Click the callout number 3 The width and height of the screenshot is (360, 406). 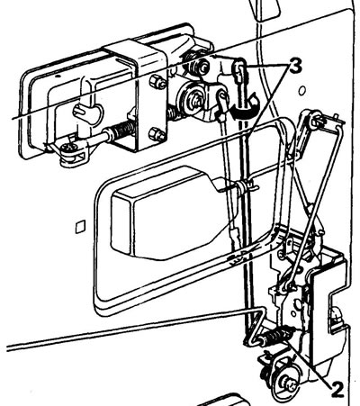pyautogui.click(x=294, y=67)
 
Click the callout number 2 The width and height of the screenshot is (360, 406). pyautogui.click(x=337, y=390)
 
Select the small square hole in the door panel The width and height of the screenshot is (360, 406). pyautogui.click(x=80, y=226)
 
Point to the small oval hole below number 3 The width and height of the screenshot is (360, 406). pyautogui.click(x=302, y=90)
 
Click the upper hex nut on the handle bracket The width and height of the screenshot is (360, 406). pyautogui.click(x=157, y=82)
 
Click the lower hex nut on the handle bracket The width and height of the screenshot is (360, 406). pyautogui.click(x=157, y=133)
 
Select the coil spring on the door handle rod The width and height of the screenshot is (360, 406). pyautogui.click(x=120, y=132)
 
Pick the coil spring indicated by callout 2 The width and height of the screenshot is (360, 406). pyautogui.click(x=276, y=336)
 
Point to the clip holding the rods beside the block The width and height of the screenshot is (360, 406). pyautogui.click(x=244, y=186)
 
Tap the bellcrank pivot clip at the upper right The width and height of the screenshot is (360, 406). pyautogui.click(x=314, y=120)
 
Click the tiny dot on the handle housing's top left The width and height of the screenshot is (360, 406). pyautogui.click(x=58, y=76)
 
